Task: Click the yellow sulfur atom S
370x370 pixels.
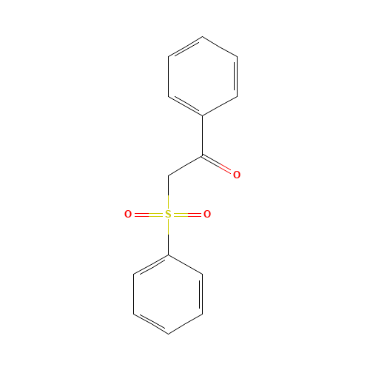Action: point(168,215)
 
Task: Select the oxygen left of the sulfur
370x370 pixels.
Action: point(128,215)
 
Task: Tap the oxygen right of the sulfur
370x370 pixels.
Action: point(207,215)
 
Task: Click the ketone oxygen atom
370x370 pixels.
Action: point(237,175)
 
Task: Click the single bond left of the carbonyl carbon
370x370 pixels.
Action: point(185,166)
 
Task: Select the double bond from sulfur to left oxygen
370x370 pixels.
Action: point(148,215)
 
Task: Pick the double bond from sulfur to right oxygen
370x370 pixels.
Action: point(188,215)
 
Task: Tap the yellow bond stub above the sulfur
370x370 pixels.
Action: point(168,202)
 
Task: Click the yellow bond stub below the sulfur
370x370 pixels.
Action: point(168,227)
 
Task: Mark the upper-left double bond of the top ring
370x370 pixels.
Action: point(185,46)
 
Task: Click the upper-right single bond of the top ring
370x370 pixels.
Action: point(220,46)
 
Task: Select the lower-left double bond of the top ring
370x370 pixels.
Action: point(185,106)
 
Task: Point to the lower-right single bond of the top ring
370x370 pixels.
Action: point(220,106)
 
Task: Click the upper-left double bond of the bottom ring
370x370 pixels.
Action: point(151,265)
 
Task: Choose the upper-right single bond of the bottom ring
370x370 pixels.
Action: point(185,265)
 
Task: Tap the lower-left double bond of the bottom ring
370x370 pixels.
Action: point(151,324)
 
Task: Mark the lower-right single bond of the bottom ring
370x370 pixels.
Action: point(185,324)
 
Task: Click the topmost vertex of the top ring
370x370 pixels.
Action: point(202,36)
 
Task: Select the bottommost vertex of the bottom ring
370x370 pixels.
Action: point(168,334)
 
